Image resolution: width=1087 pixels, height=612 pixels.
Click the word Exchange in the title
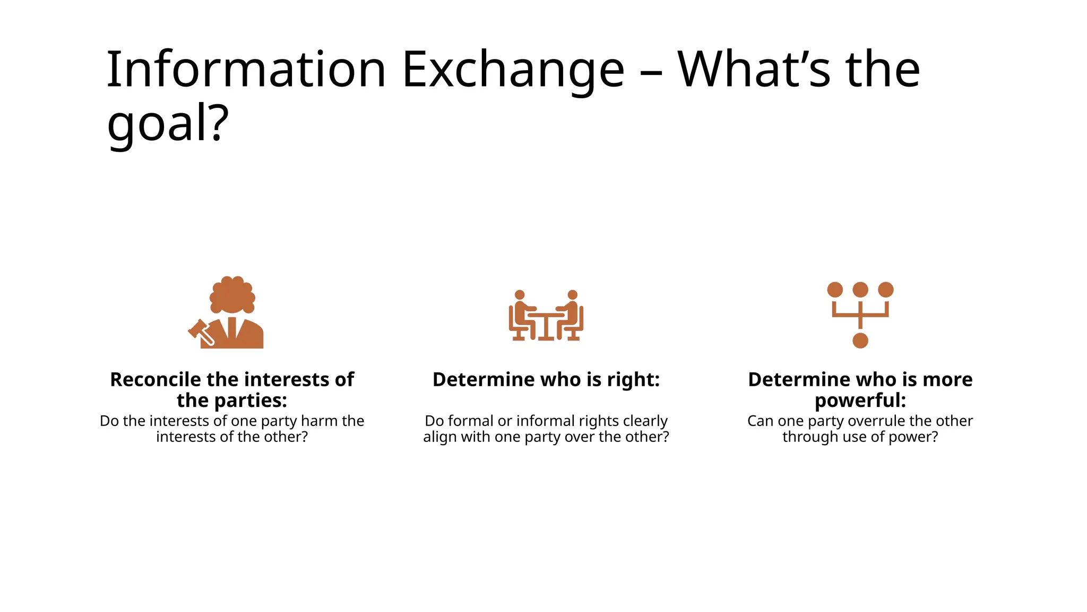(513, 70)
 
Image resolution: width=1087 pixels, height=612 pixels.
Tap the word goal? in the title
(168, 123)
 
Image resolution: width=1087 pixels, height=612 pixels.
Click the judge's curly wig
(232, 295)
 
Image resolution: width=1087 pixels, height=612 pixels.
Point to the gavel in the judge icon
(200, 331)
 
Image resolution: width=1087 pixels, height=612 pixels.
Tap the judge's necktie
(232, 327)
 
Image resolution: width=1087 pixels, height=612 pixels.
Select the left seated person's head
(520, 295)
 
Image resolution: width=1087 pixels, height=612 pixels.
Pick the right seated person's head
(572, 295)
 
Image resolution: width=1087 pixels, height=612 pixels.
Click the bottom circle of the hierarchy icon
(860, 341)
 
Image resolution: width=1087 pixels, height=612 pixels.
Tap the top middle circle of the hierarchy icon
(860, 290)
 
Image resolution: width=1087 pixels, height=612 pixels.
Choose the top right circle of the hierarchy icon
(885, 290)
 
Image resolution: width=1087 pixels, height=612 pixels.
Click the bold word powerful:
(860, 401)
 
